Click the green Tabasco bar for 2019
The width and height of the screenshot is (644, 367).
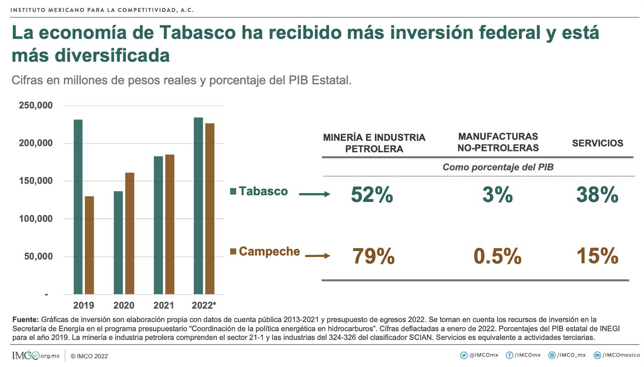tap(78, 206)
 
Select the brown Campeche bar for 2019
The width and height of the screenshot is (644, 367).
tap(90, 245)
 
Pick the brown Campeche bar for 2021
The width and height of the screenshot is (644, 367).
tap(170, 224)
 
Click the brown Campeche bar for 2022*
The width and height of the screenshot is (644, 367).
tap(210, 208)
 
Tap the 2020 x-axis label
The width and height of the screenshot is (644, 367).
tap(124, 306)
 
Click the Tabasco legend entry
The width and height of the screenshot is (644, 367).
tap(259, 191)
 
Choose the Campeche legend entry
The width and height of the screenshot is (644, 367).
tap(265, 251)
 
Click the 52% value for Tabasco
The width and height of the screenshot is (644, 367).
tap(372, 195)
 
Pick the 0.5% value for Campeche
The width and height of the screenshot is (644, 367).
tap(497, 256)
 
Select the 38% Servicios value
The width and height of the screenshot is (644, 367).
tap(597, 195)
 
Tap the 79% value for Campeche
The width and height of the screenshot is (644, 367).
tap(373, 256)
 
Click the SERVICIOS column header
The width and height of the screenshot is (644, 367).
tap(598, 143)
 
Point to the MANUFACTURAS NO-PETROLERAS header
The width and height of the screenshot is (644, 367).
tap(498, 142)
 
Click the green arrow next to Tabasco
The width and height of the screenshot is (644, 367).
tap(315, 195)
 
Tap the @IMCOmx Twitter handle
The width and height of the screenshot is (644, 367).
tap(480, 355)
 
